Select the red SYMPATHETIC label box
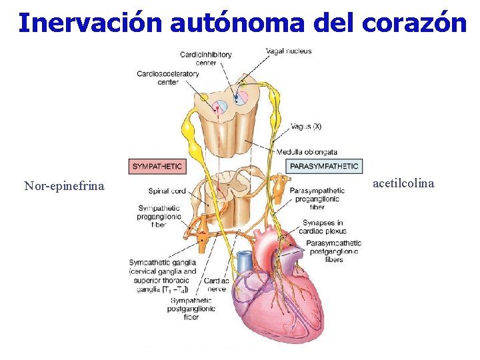(157, 165)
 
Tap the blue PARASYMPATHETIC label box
(323, 165)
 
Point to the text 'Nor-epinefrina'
(64, 185)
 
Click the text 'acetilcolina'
(403, 183)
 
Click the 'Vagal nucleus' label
(288, 51)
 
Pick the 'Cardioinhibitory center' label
(206, 58)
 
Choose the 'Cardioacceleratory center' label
(167, 77)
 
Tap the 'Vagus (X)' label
(306, 126)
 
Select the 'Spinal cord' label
(167, 191)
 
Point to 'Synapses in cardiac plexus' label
(323, 227)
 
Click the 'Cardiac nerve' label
(217, 285)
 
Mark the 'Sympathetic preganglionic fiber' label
(157, 216)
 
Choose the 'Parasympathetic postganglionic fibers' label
(333, 251)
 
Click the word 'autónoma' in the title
(236, 23)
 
